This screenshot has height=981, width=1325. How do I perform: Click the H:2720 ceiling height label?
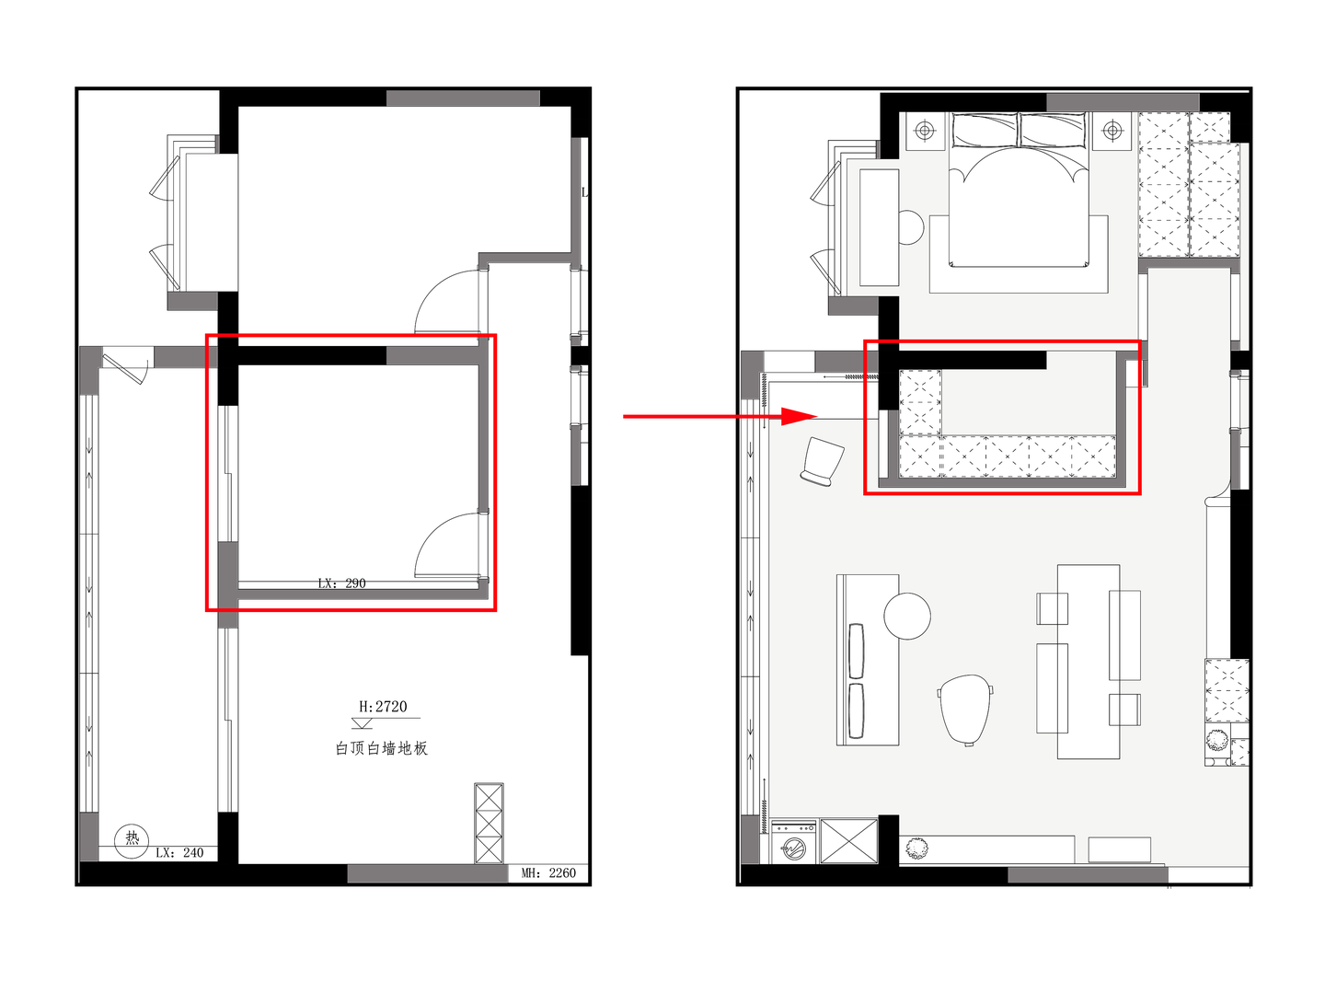tap(383, 707)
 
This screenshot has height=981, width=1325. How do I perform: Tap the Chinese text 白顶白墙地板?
tap(382, 748)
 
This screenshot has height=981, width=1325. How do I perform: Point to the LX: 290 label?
tap(341, 583)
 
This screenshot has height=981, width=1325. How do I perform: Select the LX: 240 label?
tap(179, 852)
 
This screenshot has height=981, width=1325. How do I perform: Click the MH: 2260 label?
tap(548, 872)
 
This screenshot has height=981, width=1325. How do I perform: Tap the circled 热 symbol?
tap(132, 840)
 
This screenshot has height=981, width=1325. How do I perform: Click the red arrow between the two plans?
tap(720, 416)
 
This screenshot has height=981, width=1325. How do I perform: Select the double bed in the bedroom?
tap(1018, 190)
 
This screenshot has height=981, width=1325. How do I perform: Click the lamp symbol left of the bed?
tap(924, 130)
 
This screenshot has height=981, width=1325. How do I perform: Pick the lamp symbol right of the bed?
tap(1112, 130)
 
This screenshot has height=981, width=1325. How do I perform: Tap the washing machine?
tap(793, 842)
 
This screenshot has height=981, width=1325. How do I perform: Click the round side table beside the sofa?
tap(907, 616)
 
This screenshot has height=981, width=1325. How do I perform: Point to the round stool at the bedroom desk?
tap(910, 227)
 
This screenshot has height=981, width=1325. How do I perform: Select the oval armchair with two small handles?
tap(965, 710)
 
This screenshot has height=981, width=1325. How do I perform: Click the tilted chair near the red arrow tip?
tap(822, 461)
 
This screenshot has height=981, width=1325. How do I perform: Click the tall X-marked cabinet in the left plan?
tap(489, 824)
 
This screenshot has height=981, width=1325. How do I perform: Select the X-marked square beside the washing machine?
tap(849, 841)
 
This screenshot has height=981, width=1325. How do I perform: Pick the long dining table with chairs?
tap(1088, 662)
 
